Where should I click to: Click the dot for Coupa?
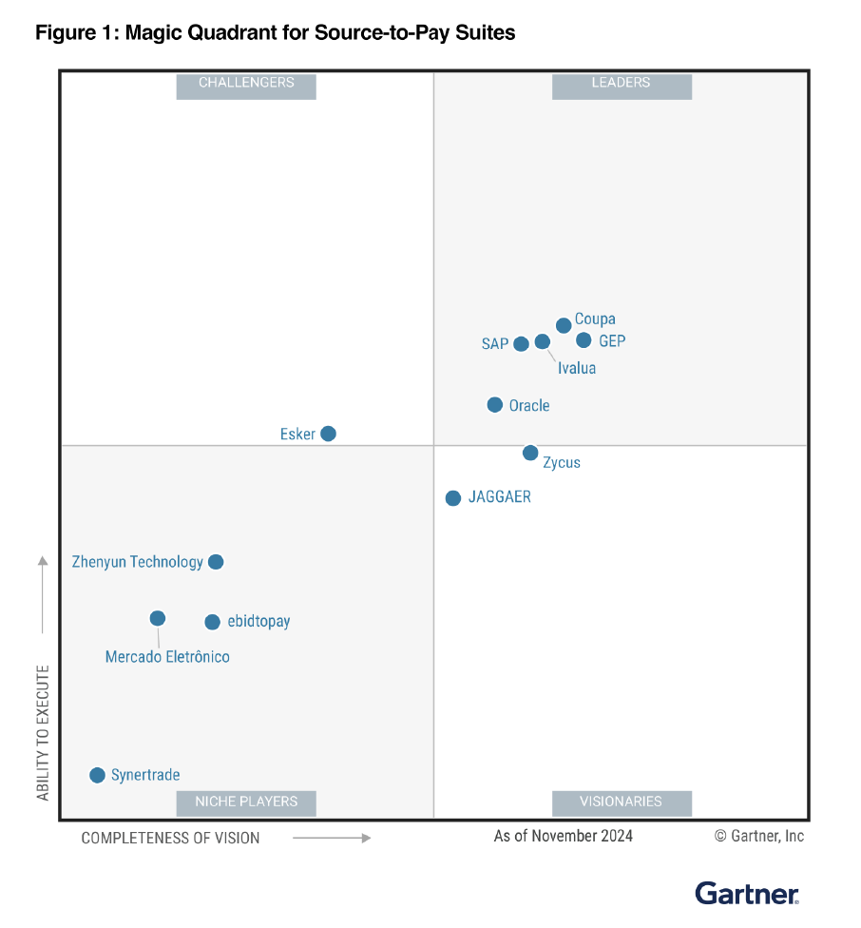[564, 325]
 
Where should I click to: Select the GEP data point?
[584, 340]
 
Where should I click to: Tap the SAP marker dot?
[521, 343]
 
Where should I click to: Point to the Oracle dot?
[495, 405]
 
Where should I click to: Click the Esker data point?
[328, 434]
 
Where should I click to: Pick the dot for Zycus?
[530, 453]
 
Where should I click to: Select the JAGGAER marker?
[453, 498]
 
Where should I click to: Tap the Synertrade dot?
[97, 775]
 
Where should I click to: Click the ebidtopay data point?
[212, 622]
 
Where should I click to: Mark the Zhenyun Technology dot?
[216, 562]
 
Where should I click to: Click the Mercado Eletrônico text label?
[167, 657]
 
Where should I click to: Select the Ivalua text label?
[577, 368]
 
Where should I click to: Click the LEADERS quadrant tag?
[622, 84]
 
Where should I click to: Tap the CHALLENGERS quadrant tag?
[246, 84]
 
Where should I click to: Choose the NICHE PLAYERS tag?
[246, 802]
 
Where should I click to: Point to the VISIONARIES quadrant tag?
[622, 802]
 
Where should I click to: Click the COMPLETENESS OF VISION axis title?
[170, 838]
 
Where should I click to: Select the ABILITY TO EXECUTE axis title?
[43, 732]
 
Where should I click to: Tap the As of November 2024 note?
[563, 836]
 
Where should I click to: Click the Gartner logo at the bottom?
[747, 893]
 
